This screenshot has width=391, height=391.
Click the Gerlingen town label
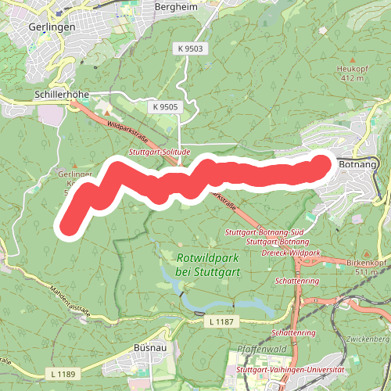point(50,26)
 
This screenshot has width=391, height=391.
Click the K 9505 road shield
point(166,106)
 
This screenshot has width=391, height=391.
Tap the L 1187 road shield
point(223,321)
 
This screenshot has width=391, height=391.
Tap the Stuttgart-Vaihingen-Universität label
point(290,368)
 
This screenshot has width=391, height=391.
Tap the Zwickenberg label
point(370,339)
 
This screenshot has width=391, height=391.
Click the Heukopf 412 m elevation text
point(352,78)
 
